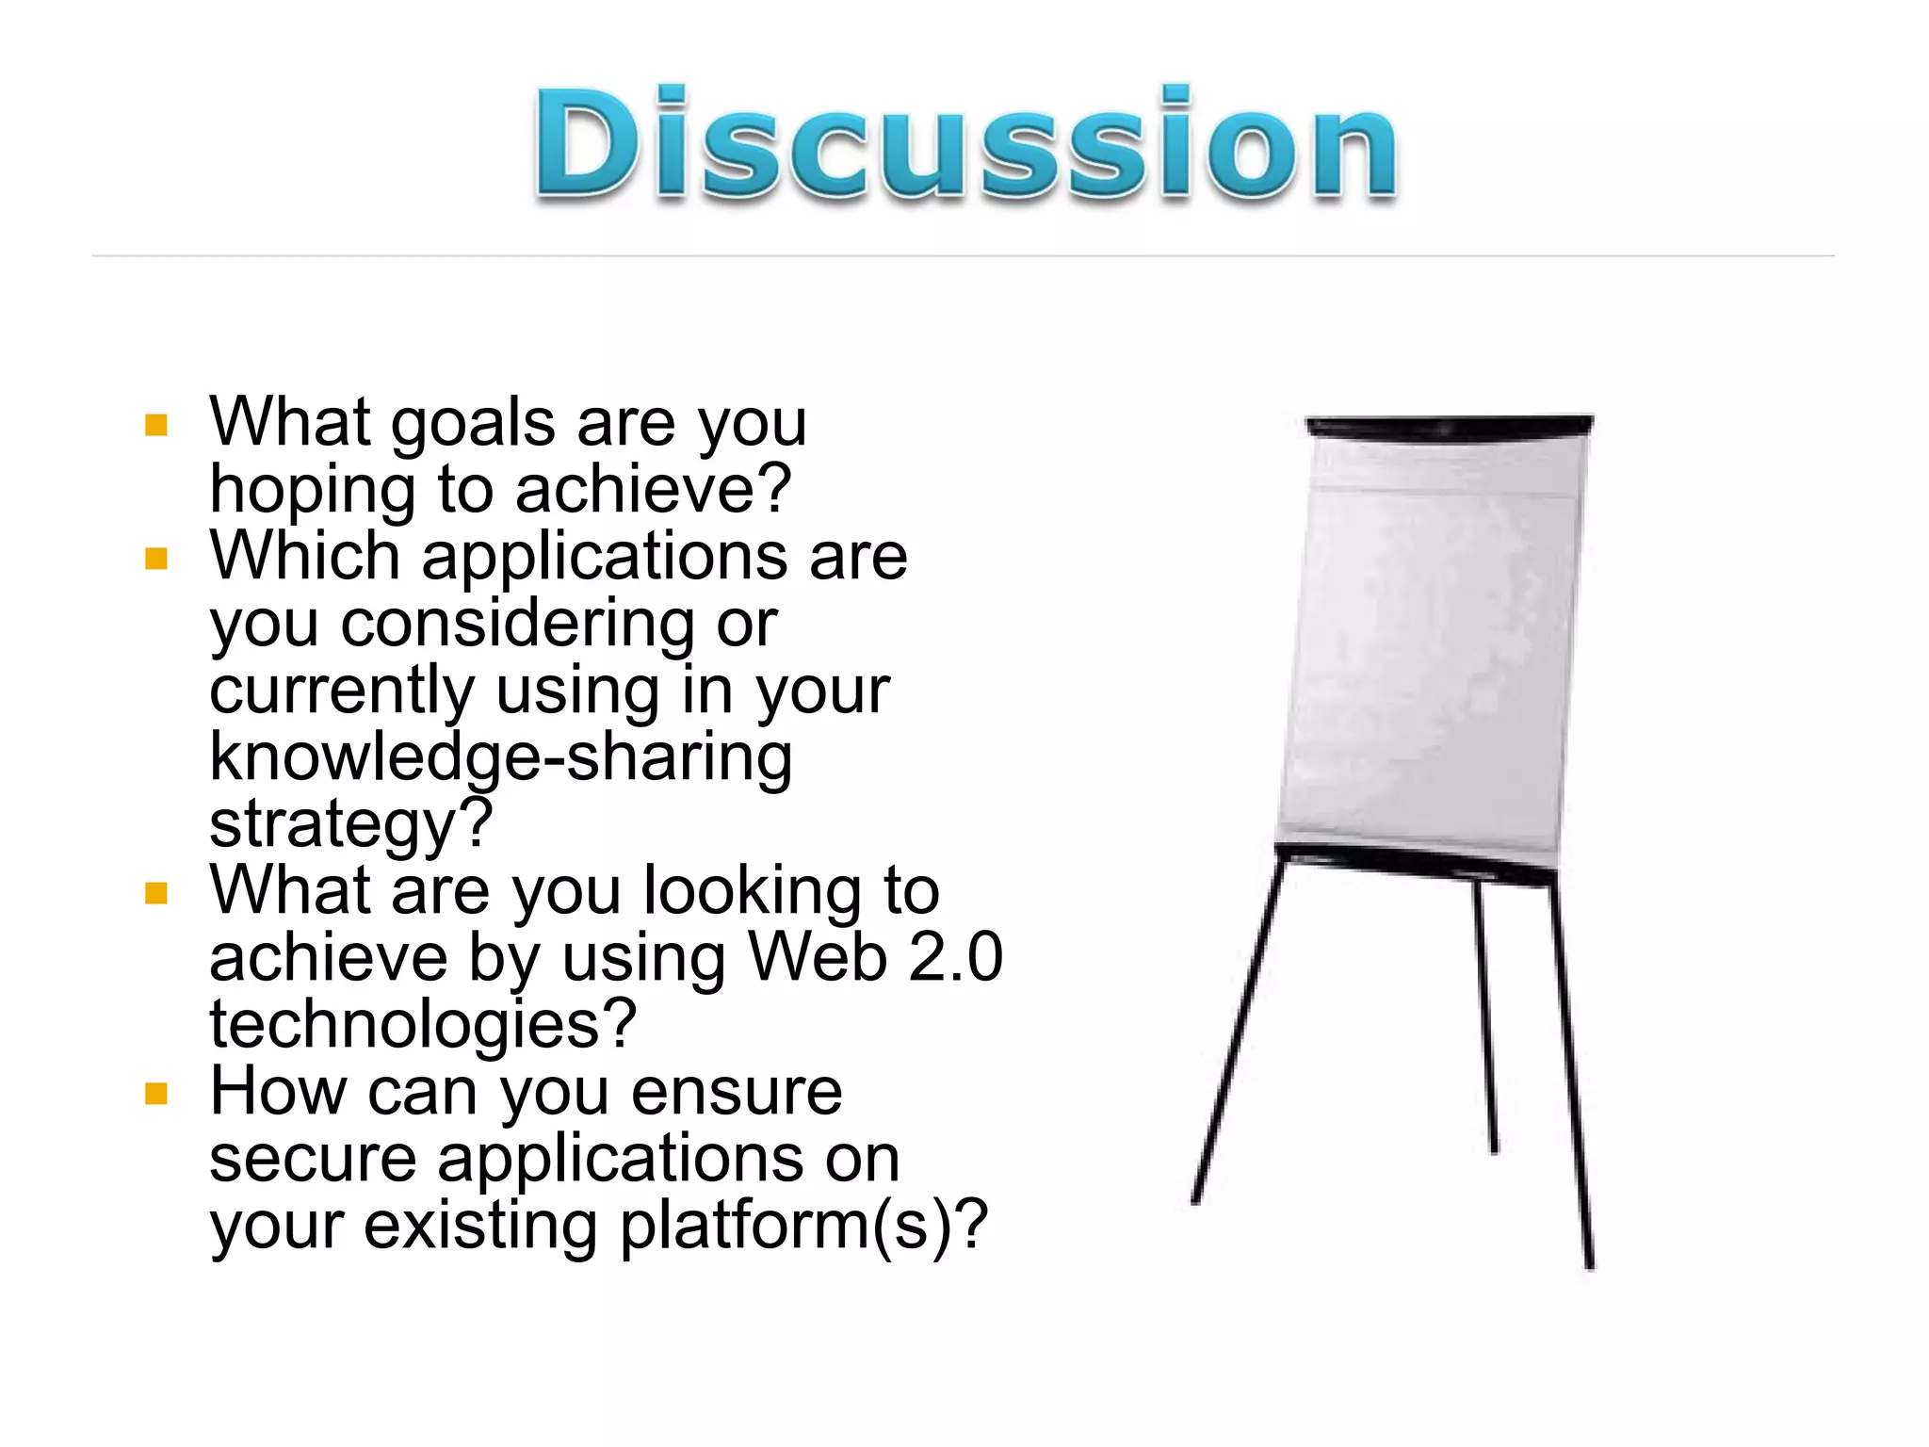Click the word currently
(x=341, y=691)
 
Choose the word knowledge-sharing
(x=500, y=758)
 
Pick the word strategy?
(x=351, y=825)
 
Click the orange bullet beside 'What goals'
(x=156, y=425)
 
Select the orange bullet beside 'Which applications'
(x=156, y=560)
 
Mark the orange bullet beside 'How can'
(x=156, y=1094)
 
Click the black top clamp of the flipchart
(x=1449, y=425)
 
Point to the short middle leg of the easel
(x=1485, y=1017)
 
